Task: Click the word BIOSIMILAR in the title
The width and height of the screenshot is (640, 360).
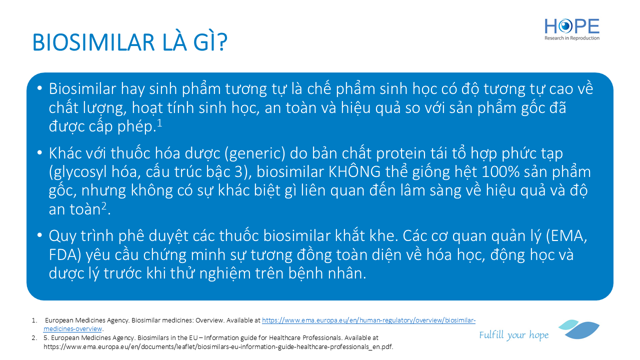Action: [x=93, y=42]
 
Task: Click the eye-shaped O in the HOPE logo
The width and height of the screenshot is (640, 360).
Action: [x=565, y=26]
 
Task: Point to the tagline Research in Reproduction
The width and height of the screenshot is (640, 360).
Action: [x=571, y=38]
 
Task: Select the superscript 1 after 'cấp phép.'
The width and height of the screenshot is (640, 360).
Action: [x=159, y=123]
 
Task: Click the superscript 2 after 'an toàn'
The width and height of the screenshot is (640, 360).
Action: [x=104, y=205]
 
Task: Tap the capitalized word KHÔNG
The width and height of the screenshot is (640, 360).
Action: [x=354, y=171]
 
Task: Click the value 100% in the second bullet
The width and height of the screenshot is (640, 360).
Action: [x=500, y=172]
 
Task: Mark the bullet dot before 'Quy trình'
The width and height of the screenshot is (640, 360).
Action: [x=39, y=235]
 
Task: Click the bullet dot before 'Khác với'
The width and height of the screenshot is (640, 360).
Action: [x=39, y=153]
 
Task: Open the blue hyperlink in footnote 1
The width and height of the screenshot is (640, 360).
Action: [x=259, y=324]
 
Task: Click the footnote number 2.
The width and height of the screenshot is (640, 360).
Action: [x=34, y=338]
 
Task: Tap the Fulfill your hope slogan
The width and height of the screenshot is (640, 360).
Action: [x=513, y=335]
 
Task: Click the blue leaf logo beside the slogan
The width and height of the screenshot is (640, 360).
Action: [x=579, y=329]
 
